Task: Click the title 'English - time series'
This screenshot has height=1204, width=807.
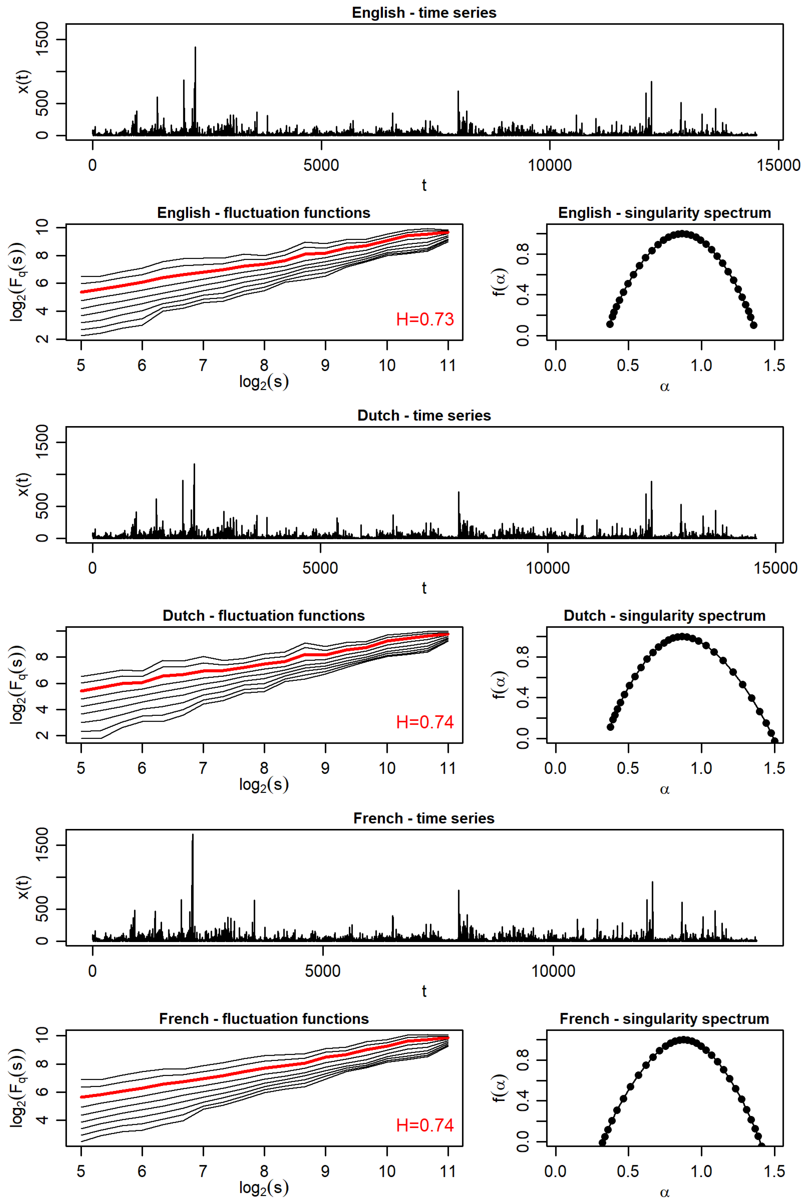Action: (424, 13)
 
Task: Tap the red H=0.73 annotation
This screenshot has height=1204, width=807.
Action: (425, 319)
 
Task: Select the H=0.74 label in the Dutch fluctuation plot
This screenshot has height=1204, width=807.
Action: (425, 722)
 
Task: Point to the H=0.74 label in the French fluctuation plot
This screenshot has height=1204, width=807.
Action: (425, 1125)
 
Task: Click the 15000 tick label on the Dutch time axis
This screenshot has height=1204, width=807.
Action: (776, 568)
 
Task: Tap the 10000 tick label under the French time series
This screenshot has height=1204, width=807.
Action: (553, 971)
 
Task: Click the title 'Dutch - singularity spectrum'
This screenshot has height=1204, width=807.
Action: (664, 616)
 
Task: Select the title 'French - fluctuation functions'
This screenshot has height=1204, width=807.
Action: (264, 1019)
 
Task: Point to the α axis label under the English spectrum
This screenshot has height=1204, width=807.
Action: (664, 387)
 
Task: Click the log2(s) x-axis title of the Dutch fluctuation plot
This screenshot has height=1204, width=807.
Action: (264, 785)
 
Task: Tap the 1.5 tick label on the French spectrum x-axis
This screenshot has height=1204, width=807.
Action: (774, 1171)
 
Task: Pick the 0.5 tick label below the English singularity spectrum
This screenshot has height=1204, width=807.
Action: (628, 365)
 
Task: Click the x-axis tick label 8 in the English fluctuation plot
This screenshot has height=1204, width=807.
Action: (264, 365)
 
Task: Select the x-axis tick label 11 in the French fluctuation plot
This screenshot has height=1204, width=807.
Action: (448, 1171)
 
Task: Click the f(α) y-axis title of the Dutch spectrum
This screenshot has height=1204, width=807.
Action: (500, 685)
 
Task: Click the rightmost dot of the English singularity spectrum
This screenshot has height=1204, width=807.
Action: (753, 325)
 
